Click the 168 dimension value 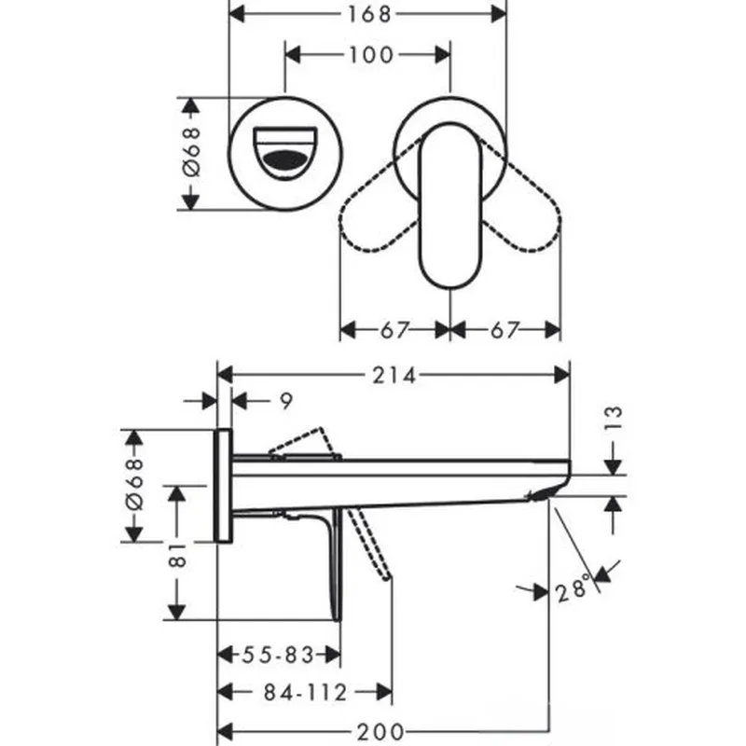pos(369,14)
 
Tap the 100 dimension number pos(371,55)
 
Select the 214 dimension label pos(394,376)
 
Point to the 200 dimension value pos(380,731)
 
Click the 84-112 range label pos(306,693)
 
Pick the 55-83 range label pos(278,656)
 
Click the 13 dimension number pos(614,419)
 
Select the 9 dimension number pos(286,402)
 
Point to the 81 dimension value pos(177,555)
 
